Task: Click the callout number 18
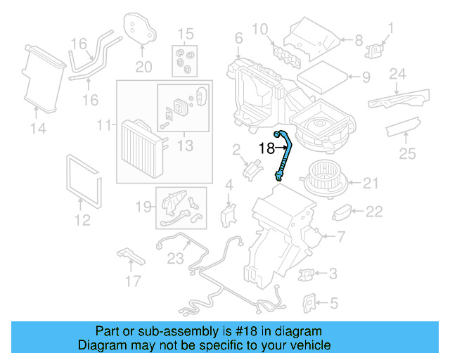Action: tap(266, 148)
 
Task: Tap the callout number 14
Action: tap(37, 128)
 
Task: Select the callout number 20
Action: tap(143, 67)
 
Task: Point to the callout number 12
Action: tap(82, 221)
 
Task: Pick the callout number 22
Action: tap(374, 211)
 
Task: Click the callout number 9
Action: tap(365, 77)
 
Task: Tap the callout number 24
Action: tap(398, 74)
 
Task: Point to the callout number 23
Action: tap(175, 258)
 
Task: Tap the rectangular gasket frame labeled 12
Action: tap(83, 179)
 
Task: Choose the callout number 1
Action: tap(392, 29)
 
